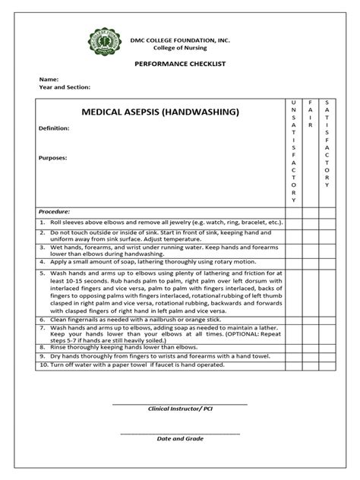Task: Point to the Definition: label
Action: [x=54, y=128]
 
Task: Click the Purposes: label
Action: [x=53, y=158]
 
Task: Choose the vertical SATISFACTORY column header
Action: [x=327, y=144]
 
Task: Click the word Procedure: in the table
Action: [x=54, y=211]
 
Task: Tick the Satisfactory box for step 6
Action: [x=327, y=321]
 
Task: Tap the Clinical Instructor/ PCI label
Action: [x=179, y=409]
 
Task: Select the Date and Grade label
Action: [x=180, y=439]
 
